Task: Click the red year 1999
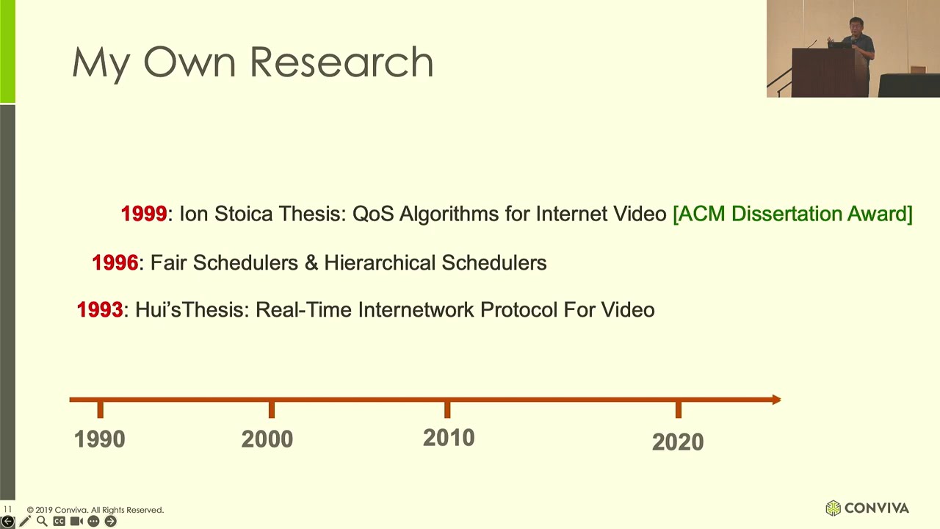pyautogui.click(x=144, y=214)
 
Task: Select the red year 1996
pyautogui.click(x=115, y=263)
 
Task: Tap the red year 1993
pyautogui.click(x=100, y=310)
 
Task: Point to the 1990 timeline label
pyautogui.click(x=100, y=439)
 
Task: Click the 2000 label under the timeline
pyautogui.click(x=267, y=439)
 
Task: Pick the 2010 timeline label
pyautogui.click(x=449, y=439)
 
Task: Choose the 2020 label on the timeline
pyautogui.click(x=678, y=442)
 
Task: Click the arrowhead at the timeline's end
pyautogui.click(x=776, y=400)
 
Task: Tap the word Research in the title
pyautogui.click(x=341, y=62)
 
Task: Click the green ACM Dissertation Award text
pyautogui.click(x=792, y=214)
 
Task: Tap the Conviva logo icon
pyautogui.click(x=833, y=508)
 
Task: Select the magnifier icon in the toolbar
pyautogui.click(x=42, y=521)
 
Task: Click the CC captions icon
pyautogui.click(x=59, y=521)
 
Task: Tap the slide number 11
pyautogui.click(x=7, y=509)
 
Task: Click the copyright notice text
pyautogui.click(x=95, y=510)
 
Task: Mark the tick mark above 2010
pyautogui.click(x=447, y=409)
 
